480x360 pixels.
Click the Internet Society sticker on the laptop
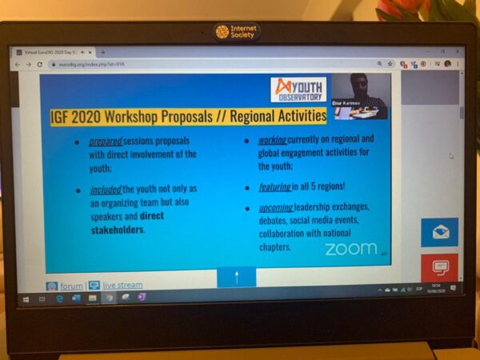point(238,32)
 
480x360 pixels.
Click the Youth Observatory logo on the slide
point(298,89)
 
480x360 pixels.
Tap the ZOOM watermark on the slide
point(350,248)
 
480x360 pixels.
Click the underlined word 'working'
point(272,139)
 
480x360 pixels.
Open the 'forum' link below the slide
point(71,286)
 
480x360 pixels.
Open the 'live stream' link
point(122,286)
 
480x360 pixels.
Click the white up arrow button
point(236,278)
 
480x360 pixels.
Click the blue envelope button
point(440,233)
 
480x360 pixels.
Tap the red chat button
point(440,267)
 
